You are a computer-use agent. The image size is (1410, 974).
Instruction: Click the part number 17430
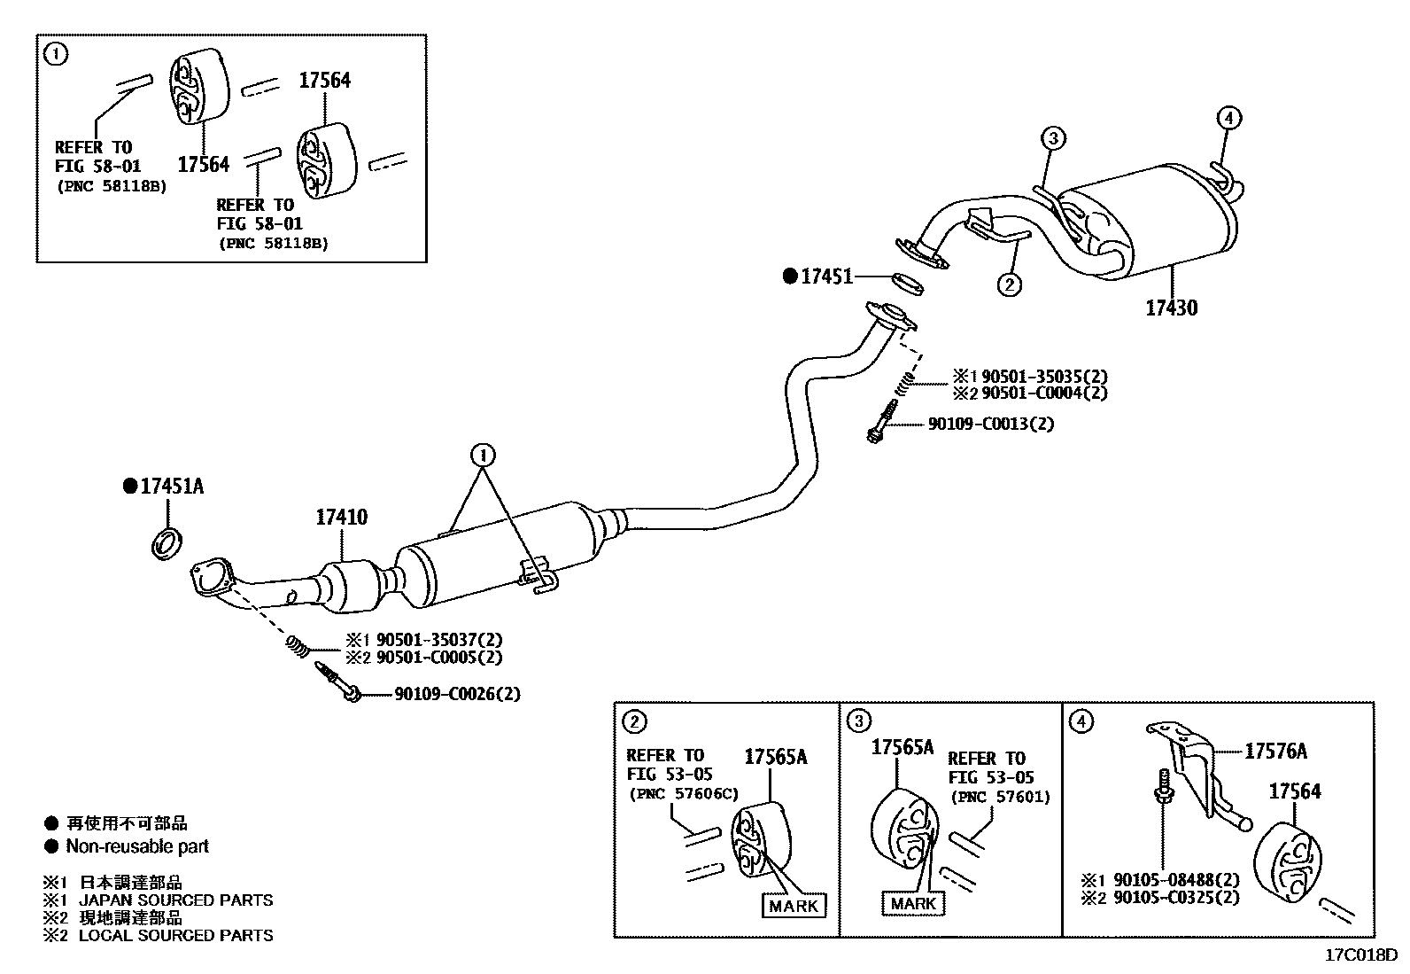(1171, 308)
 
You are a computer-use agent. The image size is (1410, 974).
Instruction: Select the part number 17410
(341, 517)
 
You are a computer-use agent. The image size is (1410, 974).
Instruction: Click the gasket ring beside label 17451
(906, 284)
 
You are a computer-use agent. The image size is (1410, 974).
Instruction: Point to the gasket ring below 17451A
(167, 542)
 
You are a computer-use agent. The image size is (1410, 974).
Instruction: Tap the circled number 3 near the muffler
(1051, 138)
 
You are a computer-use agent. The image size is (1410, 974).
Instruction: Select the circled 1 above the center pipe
(483, 456)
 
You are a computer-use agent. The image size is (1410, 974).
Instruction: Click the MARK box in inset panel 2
(794, 906)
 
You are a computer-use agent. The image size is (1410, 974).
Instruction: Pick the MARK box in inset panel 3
(913, 903)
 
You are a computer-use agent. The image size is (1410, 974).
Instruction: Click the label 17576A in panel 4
(1275, 752)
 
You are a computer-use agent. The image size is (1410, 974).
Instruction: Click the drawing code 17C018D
(1360, 955)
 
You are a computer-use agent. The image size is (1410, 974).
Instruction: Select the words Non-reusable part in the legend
(137, 846)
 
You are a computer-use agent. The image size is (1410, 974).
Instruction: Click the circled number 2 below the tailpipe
(1009, 284)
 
